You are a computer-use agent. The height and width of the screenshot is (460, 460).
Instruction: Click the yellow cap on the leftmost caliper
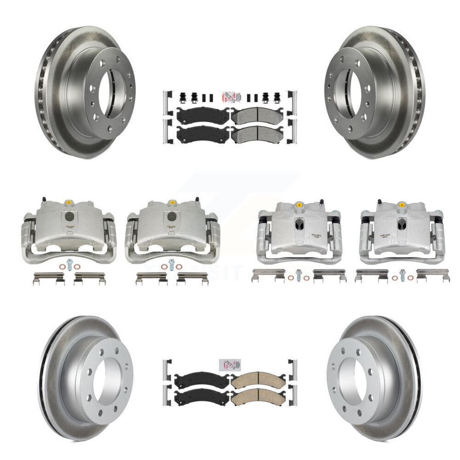(69, 202)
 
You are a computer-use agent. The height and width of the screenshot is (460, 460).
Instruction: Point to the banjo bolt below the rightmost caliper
(401, 274)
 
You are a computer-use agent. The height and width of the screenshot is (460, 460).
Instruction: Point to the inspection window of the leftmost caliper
(69, 216)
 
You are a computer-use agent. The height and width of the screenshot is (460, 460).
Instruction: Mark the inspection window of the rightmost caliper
(401, 224)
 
